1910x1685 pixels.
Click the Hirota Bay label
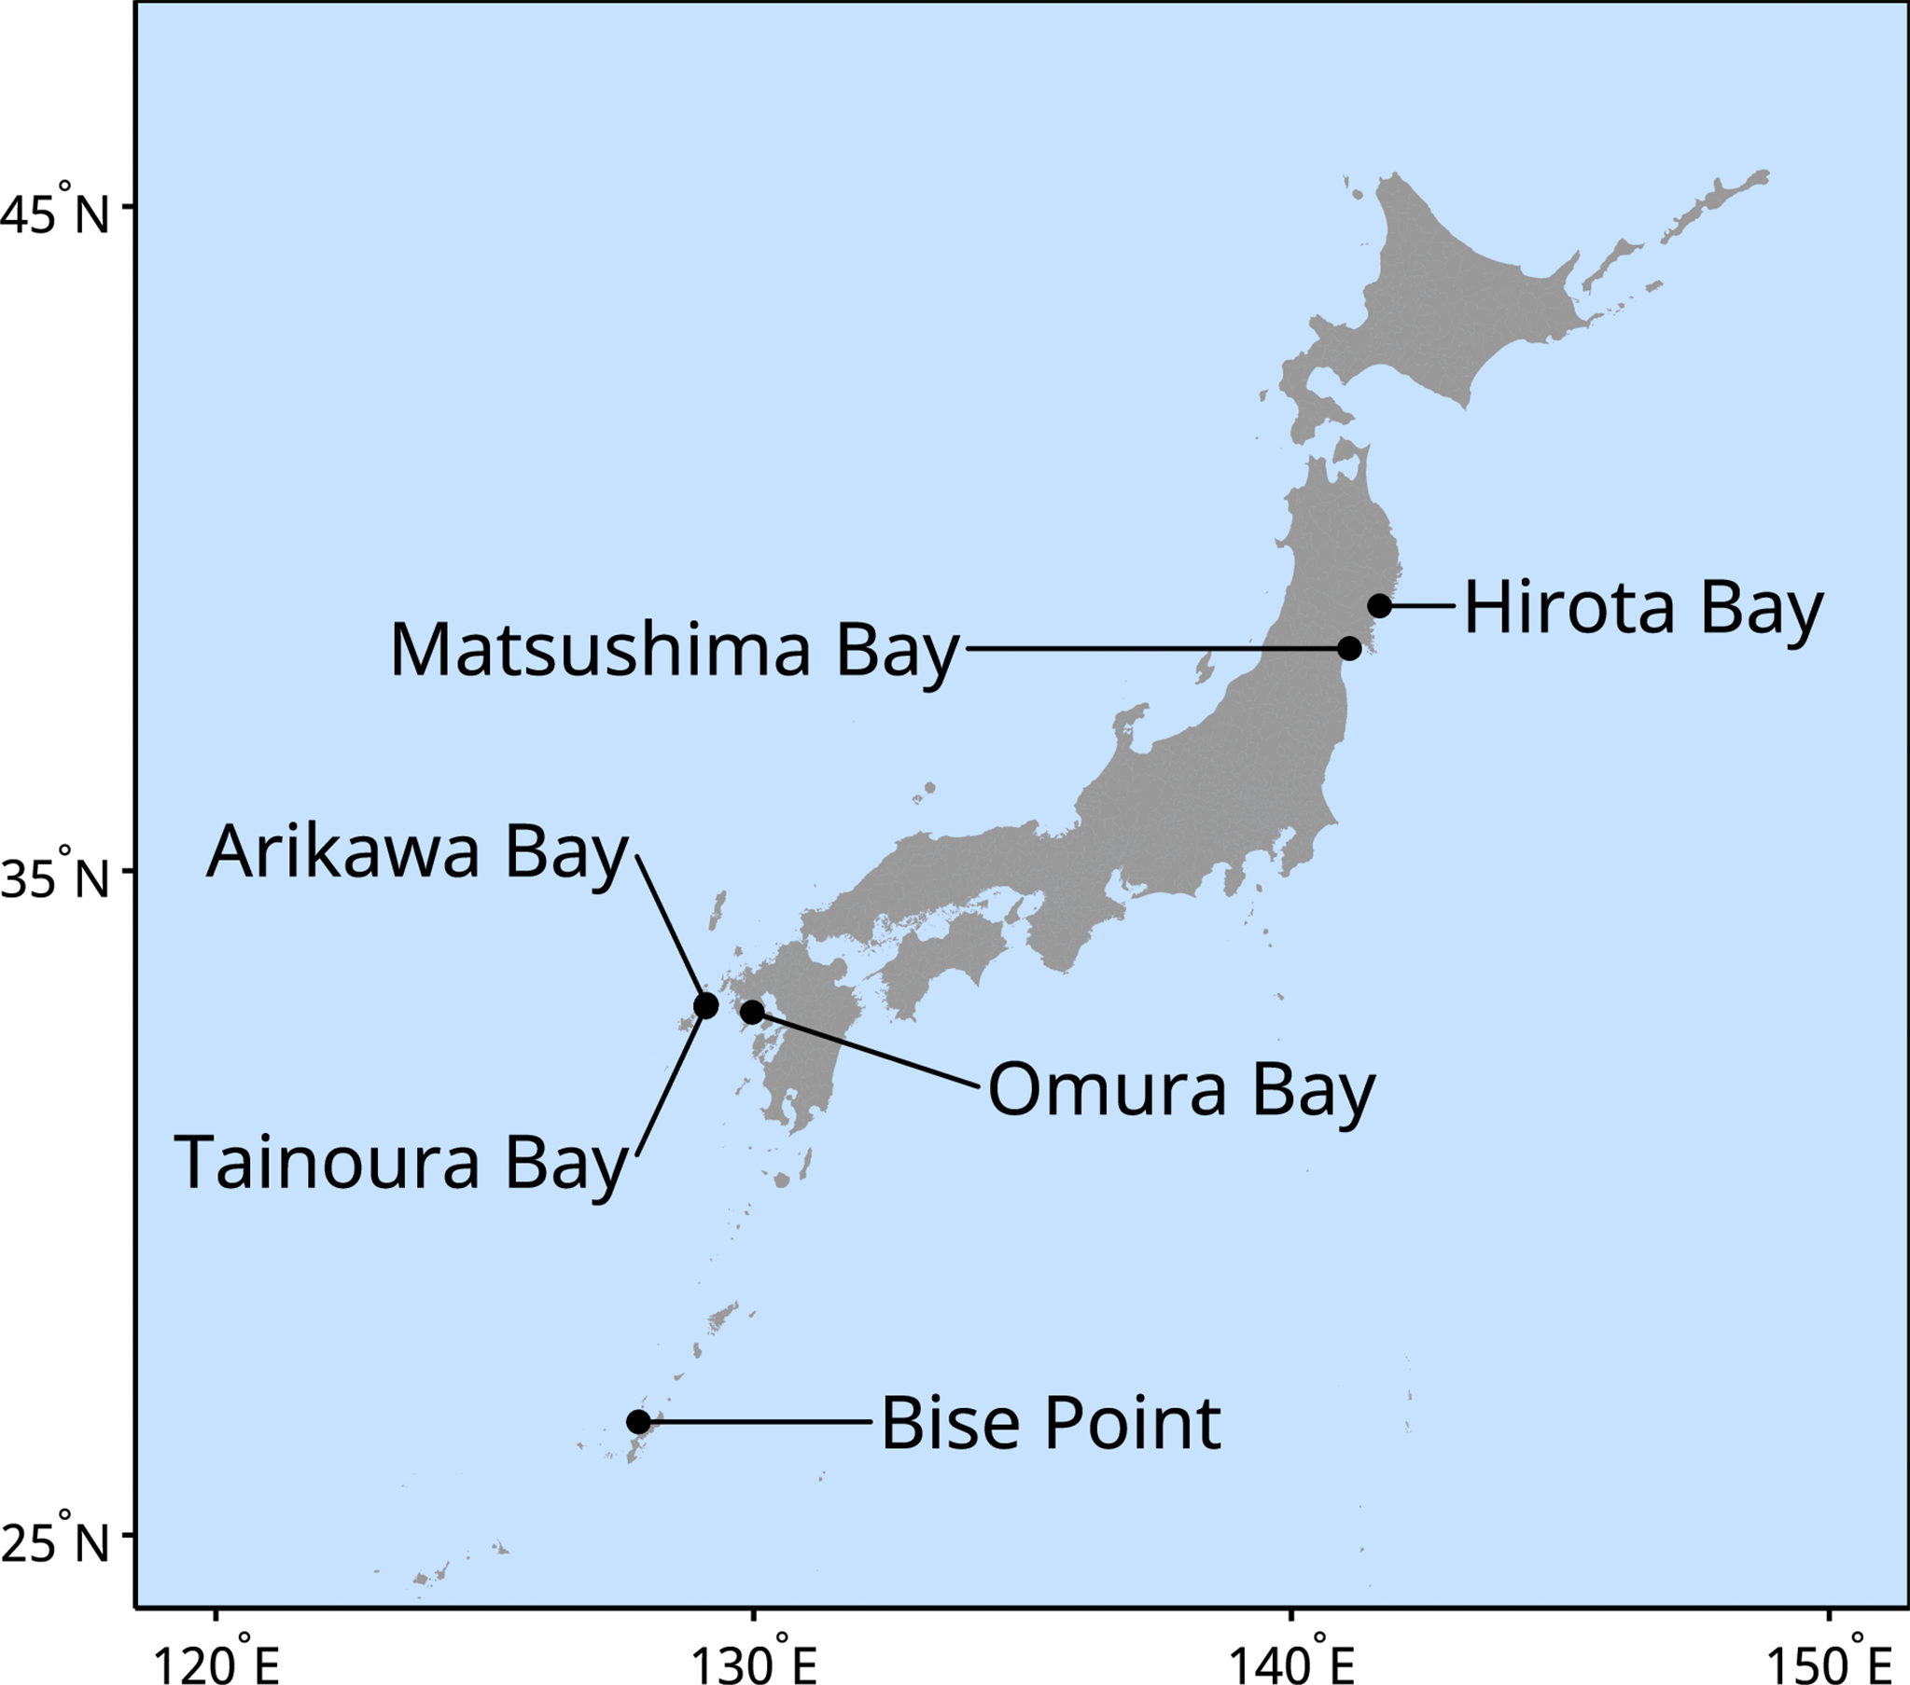[1643, 608]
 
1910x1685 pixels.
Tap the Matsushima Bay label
[674, 650]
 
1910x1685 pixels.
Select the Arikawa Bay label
[417, 852]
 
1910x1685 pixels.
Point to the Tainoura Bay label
[401, 1162]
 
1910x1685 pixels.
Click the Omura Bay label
[1181, 1090]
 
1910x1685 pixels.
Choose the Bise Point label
[1051, 1424]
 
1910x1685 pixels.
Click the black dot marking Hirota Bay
[1379, 605]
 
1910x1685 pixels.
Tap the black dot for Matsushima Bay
[1349, 648]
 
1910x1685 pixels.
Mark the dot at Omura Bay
[752, 1011]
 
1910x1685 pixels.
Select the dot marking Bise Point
[638, 1422]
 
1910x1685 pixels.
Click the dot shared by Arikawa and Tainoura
[706, 1006]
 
